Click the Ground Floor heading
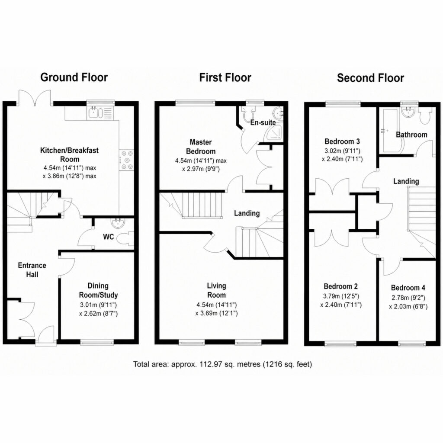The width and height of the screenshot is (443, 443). coord(74,77)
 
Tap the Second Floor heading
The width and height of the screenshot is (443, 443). coord(370,78)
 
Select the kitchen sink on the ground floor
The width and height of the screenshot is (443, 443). coord(93,113)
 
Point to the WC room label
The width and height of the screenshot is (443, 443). coord(109,237)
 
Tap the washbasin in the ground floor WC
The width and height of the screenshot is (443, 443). coord(119,223)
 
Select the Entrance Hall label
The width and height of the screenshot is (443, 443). coord(32,270)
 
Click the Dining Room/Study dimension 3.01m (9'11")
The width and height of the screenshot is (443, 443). coord(98,305)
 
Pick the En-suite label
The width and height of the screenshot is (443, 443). coord(263,122)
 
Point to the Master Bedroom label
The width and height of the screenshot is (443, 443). coord(201,147)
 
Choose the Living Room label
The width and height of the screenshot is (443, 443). coord(216,290)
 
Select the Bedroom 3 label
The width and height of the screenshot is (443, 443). coord(342,141)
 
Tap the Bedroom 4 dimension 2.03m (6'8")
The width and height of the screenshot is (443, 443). coord(408,307)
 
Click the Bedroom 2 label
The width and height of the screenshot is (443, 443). coord(341,286)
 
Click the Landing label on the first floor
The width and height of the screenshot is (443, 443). coord(247,213)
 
